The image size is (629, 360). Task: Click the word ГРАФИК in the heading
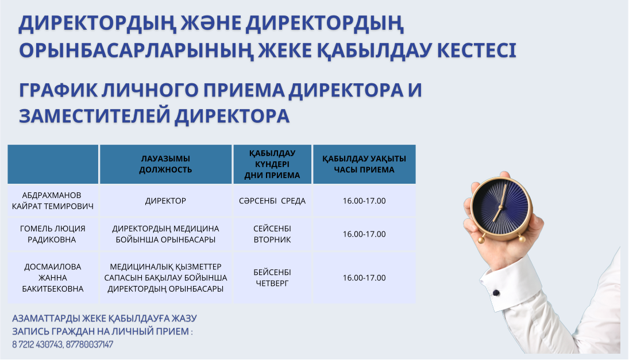pos(58,90)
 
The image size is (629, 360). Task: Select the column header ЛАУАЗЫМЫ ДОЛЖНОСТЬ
pos(165,164)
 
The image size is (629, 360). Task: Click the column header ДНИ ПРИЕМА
pos(272,175)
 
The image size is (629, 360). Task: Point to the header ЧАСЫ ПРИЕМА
pos(364,169)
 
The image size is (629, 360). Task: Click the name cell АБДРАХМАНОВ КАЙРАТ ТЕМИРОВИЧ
pos(52,200)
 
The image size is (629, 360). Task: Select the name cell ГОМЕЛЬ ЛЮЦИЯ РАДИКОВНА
pos(52,234)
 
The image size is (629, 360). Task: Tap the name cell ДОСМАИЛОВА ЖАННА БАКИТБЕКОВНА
pos(52,277)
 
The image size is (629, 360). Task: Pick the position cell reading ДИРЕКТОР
pos(165,200)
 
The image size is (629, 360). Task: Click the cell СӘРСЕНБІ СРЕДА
pos(272,200)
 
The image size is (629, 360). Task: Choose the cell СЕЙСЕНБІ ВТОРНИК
pos(272,234)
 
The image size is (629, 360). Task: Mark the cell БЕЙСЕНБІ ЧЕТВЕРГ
pos(272,277)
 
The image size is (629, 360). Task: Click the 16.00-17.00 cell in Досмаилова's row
pos(364,277)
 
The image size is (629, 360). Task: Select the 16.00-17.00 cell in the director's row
pos(364,200)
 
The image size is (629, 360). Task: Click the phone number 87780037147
pos(90,344)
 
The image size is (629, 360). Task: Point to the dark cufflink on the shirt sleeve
pos(496,293)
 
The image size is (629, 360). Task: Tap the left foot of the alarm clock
pos(481,240)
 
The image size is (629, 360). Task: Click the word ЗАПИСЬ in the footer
pos(31,331)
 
